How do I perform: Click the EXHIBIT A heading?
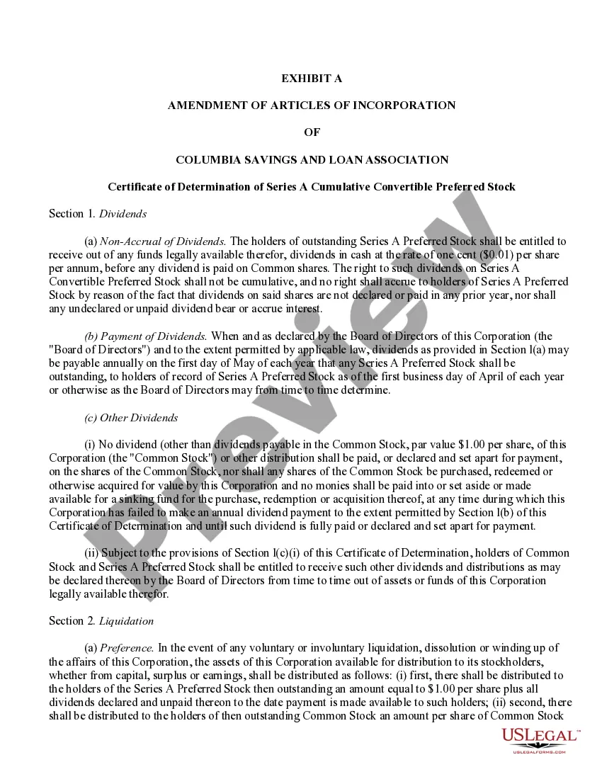(312, 79)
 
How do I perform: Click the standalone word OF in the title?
(312, 132)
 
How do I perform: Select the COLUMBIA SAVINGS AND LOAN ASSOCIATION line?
(312, 160)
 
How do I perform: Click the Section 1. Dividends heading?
(98, 214)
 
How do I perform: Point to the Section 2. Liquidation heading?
(101, 621)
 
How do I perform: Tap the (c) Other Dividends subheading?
(131, 418)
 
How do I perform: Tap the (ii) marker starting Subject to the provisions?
(91, 553)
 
